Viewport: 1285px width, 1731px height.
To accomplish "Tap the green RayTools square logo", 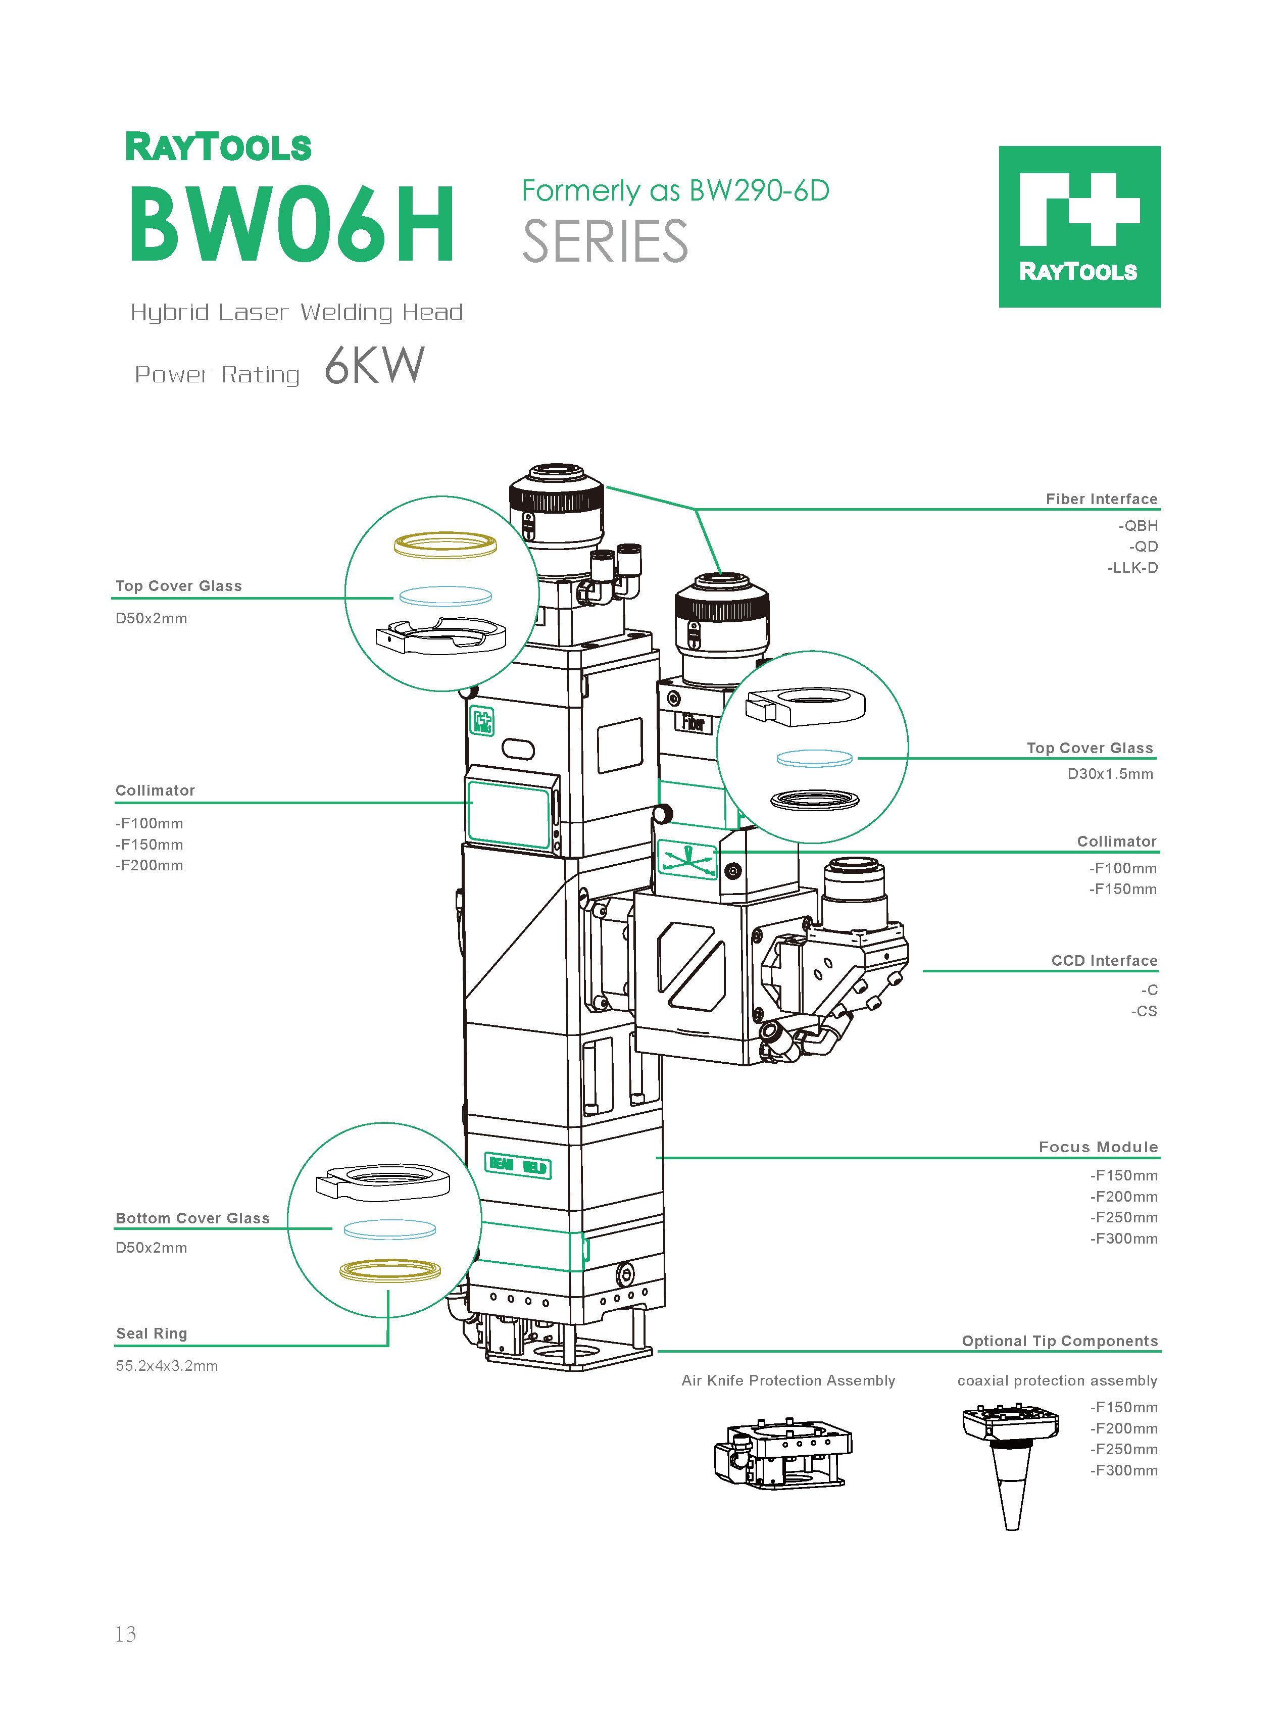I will point(1079,226).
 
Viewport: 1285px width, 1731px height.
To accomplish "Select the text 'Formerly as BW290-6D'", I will point(675,190).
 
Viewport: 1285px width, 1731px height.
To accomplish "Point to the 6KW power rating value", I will point(374,366).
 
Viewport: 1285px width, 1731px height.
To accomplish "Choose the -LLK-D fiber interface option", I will point(1132,568).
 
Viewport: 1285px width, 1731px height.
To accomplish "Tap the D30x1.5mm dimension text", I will point(1110,774).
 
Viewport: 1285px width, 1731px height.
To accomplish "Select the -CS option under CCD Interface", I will point(1144,1011).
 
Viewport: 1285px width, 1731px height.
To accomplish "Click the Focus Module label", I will point(1098,1147).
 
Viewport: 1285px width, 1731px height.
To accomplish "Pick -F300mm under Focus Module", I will point(1123,1239).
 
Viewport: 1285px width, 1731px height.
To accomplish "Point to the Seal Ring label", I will point(152,1333).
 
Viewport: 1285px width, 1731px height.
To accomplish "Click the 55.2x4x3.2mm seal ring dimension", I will point(167,1365).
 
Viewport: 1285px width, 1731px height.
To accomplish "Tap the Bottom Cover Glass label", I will point(192,1218).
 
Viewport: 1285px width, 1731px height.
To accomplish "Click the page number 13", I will point(125,1634).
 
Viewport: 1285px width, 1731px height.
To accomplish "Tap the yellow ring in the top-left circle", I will point(445,545).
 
